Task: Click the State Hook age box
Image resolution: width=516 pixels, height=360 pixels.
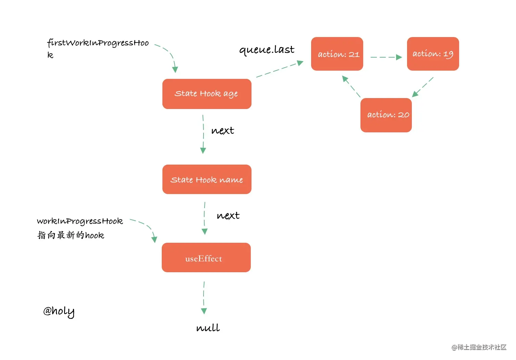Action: coord(207,94)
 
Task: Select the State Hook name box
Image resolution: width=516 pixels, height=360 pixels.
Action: coord(207,179)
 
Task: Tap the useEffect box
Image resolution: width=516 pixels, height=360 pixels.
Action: coord(206,257)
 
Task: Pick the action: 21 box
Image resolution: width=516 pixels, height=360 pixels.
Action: coord(337,54)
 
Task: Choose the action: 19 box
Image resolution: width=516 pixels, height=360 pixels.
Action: coord(433,54)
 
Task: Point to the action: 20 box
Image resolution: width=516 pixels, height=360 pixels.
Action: coord(386,115)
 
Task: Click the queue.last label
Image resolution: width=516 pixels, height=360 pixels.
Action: coord(267,50)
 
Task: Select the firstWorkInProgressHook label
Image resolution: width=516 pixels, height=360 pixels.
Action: coord(98,48)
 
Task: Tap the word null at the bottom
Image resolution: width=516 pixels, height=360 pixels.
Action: coord(208,327)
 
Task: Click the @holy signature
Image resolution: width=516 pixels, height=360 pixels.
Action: coord(59,311)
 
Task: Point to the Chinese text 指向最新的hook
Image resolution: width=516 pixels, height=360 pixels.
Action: coord(71,235)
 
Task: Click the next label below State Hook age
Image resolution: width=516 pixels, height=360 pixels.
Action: coord(223,131)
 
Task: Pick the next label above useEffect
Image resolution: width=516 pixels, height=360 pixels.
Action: coord(228,216)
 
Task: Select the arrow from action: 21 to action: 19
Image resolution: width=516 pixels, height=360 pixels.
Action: coord(386,57)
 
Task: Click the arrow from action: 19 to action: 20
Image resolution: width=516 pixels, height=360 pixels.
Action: coord(422,87)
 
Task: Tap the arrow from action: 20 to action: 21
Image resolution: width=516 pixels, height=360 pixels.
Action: coord(351,86)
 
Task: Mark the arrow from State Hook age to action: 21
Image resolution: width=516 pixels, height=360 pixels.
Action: coord(280,69)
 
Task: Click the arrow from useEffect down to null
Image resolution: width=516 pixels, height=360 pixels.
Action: coord(204,298)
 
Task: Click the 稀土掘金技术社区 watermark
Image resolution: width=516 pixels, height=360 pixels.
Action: coord(479,347)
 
